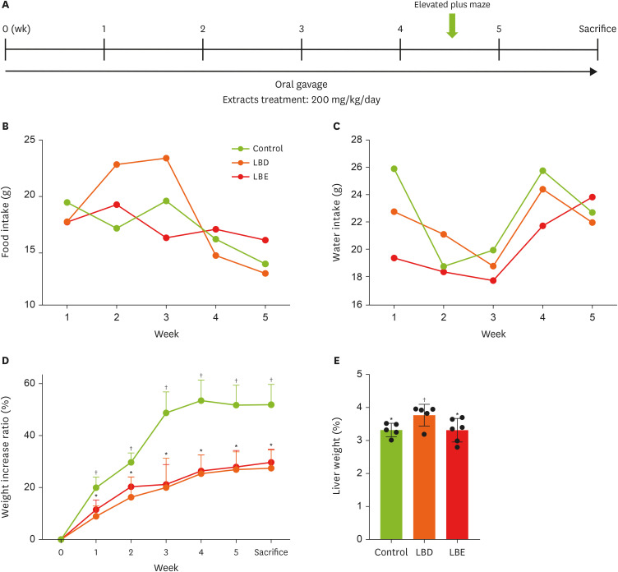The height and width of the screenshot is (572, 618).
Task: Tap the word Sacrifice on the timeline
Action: point(597,28)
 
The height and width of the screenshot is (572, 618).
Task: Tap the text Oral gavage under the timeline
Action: point(302,85)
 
